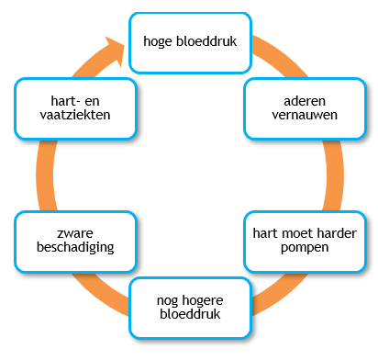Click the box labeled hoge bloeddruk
click(x=190, y=42)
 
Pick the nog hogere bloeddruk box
click(x=190, y=309)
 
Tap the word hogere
click(x=207, y=300)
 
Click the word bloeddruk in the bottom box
click(x=190, y=317)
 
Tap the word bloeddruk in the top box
click(x=206, y=42)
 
